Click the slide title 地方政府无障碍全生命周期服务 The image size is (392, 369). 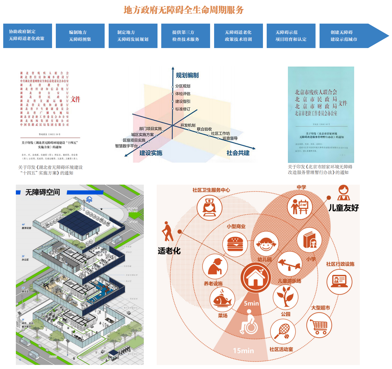[184, 10]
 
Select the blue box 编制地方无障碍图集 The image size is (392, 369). [80, 36]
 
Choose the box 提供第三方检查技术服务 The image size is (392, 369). [185, 36]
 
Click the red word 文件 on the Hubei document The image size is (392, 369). [76, 99]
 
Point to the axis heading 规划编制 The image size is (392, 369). [187, 75]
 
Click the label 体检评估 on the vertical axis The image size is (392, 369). [183, 94]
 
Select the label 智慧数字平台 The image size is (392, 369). [126, 146]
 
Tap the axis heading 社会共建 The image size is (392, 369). [238, 153]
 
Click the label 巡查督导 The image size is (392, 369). [230, 138]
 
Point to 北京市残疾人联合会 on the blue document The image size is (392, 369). [316, 92]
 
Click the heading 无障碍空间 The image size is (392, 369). [43, 192]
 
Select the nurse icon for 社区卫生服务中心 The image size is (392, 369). [209, 207]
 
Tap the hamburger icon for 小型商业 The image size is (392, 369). [235, 244]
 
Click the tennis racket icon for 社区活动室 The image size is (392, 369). [283, 332]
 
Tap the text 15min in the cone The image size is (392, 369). [243, 351]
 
